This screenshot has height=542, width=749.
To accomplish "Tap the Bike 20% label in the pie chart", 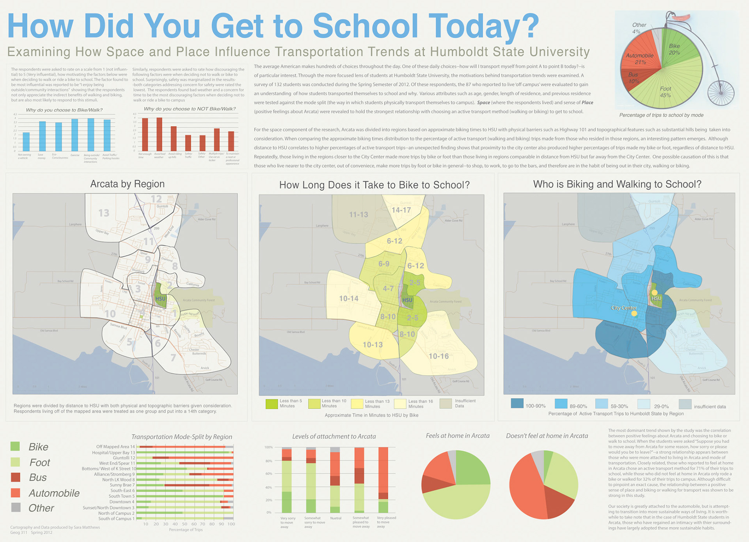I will (674, 49).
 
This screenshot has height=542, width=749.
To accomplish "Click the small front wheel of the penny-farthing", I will (721, 93).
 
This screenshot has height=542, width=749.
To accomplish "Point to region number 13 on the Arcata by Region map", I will (104, 213).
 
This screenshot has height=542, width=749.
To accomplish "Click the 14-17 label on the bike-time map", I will (401, 210).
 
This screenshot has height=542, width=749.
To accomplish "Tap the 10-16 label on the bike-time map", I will (438, 356).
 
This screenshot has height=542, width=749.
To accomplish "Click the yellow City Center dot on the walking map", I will (634, 314).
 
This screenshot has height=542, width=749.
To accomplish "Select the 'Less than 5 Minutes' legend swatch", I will (272, 404).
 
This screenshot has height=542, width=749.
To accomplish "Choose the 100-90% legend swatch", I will (517, 403).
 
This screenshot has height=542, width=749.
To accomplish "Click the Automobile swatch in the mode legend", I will (16, 493).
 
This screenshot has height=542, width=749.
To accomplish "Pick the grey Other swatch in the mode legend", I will (16, 508).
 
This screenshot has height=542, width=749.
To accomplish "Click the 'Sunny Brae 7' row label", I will (122, 485).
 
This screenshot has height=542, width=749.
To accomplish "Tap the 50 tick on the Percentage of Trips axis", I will (184, 524).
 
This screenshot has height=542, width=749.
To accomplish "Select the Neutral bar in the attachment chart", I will (335, 480).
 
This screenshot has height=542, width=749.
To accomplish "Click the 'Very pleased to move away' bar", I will (383, 480).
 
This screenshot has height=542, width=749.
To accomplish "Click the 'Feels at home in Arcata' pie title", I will (458, 436).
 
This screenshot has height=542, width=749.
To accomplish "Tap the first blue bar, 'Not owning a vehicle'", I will (26, 142).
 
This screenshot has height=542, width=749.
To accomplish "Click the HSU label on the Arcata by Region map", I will (160, 299).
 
